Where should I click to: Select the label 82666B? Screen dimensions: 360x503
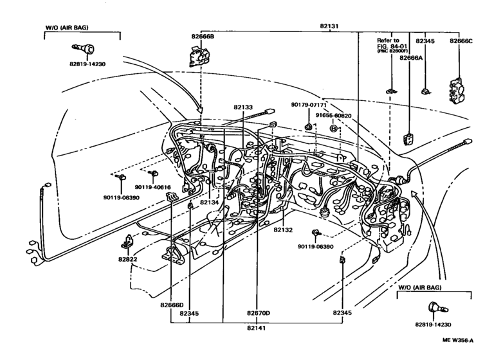tap(203, 37)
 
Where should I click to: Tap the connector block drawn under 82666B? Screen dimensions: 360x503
tap(201, 57)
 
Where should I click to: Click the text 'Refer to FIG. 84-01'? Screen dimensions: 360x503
tap(389, 44)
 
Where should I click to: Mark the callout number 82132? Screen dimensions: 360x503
tap(284, 230)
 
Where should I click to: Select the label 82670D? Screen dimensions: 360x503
tap(258, 313)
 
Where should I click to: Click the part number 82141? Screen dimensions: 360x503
tap(258, 327)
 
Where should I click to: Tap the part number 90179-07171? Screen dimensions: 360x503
tap(309, 105)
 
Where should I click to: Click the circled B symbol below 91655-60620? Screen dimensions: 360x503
tap(333, 129)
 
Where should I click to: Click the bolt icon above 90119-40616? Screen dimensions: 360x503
tap(153, 174)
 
